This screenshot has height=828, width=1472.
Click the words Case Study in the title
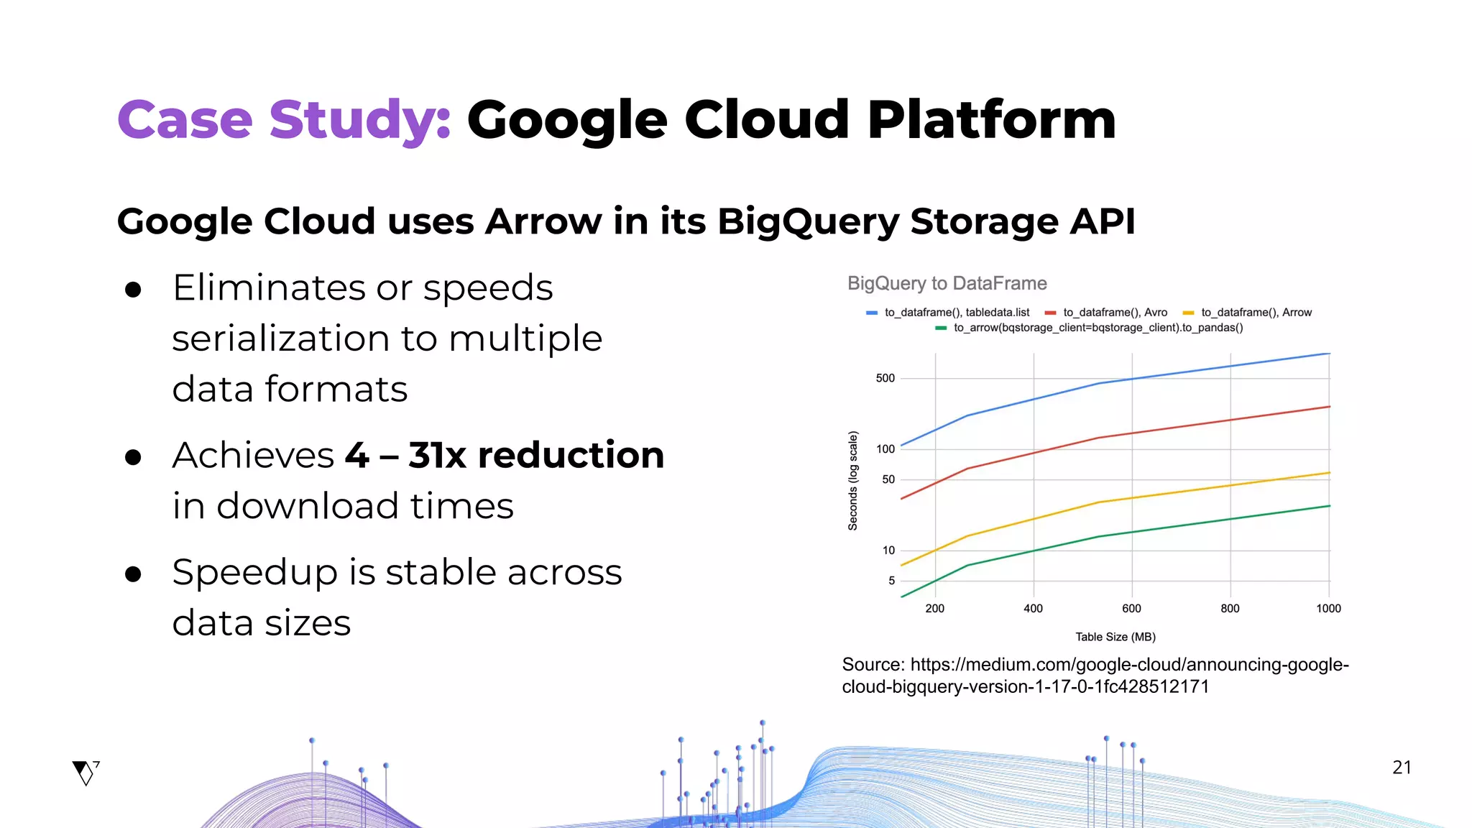coord(284,120)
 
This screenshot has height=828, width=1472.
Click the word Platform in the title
coord(992,120)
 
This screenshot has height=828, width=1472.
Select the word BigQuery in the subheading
coord(808,221)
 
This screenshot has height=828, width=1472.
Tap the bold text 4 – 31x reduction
coord(504,456)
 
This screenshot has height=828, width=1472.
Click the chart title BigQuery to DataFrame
coord(947,284)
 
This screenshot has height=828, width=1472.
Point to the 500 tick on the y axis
coord(885,378)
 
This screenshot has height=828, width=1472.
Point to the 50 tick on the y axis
coord(888,479)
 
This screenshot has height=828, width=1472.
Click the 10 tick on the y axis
coord(888,551)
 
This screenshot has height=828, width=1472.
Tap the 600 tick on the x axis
coord(1131,609)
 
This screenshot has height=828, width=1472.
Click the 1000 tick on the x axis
coord(1328,609)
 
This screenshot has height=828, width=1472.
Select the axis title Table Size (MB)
coord(1115,637)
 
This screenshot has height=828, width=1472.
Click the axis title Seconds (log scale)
coord(853,481)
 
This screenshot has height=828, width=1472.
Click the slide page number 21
coord(1402,768)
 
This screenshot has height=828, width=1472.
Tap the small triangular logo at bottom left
coord(86,773)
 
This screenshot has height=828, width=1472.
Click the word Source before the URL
coord(872,665)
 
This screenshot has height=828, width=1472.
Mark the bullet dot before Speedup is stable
coord(133,574)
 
